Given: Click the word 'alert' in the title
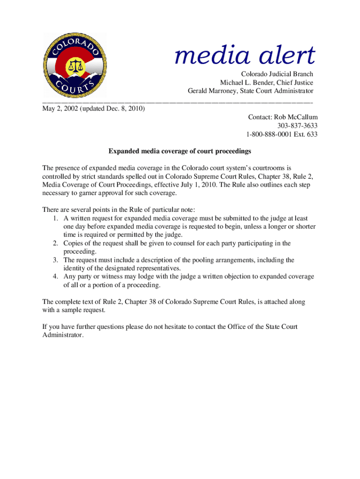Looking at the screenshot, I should pos(286,56).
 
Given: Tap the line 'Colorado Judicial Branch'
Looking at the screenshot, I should pos(277,74).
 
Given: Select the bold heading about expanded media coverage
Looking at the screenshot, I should pos(180,151).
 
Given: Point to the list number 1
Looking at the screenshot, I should pos(55,218).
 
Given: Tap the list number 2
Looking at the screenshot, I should pos(55,243).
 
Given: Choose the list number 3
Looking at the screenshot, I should pos(55,260).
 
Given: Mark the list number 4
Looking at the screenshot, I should pos(55,276).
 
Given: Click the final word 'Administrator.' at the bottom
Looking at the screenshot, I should pos(63,335).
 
